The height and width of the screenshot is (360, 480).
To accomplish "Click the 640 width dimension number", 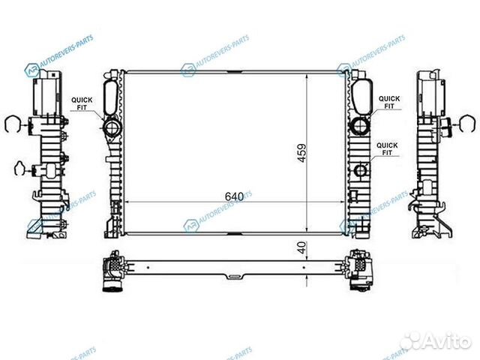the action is [x=234, y=196].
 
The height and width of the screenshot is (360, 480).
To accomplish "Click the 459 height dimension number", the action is [x=301, y=153].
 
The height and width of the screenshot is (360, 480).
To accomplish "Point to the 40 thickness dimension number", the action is [x=301, y=247].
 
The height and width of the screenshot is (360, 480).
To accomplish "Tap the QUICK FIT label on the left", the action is [x=82, y=103].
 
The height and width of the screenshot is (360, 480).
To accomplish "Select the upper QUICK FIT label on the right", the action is [x=389, y=102].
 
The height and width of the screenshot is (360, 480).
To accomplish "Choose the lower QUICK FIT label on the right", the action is [x=387, y=148].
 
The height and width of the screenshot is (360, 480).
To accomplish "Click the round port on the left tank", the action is [x=112, y=127].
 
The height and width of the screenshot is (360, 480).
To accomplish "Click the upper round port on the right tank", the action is [x=361, y=126].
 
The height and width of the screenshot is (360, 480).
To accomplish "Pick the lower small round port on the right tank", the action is [x=361, y=170].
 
